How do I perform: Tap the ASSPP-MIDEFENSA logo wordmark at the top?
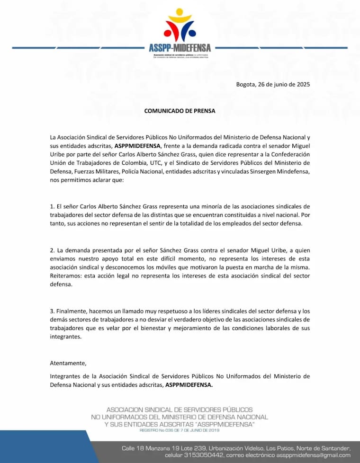click(180, 48)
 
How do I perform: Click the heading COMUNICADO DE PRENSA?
click(180, 111)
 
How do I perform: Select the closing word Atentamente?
click(68, 363)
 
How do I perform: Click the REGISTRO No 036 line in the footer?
click(180, 430)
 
